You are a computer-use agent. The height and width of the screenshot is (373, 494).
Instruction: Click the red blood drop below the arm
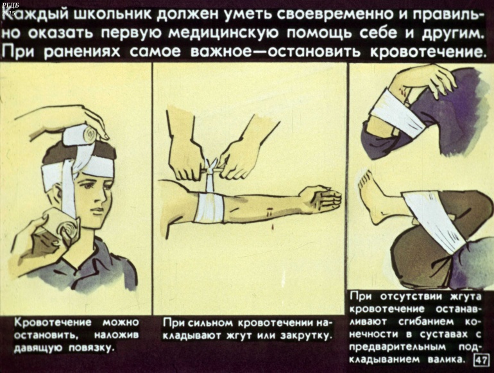point(272,226)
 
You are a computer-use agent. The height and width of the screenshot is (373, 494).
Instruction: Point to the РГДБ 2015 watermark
point(8,10)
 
